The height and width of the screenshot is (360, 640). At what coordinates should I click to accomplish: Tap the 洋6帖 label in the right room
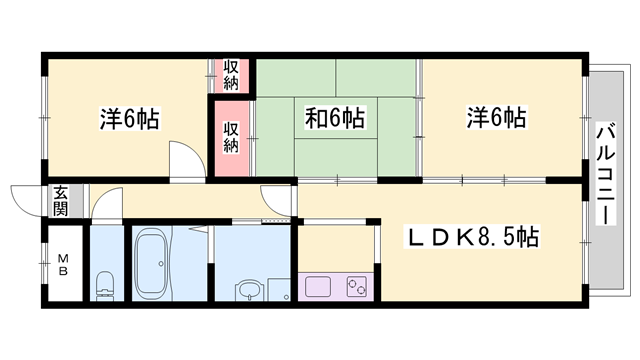click(x=495, y=117)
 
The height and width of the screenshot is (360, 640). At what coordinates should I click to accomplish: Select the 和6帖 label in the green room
click(x=333, y=119)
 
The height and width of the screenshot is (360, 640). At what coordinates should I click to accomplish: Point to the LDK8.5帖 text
click(x=472, y=237)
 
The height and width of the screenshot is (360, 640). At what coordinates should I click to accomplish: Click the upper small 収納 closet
click(x=231, y=74)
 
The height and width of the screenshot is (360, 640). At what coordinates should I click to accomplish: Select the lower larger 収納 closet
click(x=231, y=137)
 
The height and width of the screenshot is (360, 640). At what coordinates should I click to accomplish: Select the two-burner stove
click(x=355, y=287)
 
